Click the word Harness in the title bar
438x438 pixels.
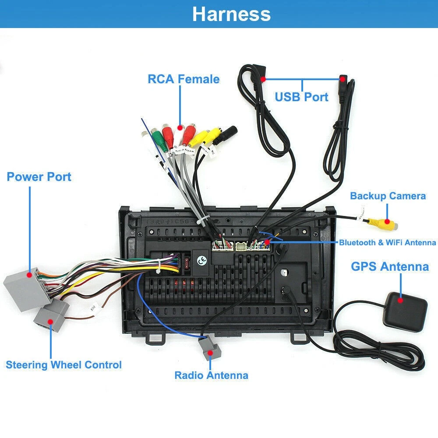(x=231, y=14)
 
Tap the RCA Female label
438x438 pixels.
(x=183, y=79)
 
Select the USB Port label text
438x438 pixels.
(x=301, y=97)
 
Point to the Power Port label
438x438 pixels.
(x=39, y=177)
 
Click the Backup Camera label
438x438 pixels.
(x=388, y=196)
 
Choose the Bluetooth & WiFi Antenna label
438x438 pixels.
(x=387, y=243)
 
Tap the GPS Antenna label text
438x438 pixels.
(x=389, y=266)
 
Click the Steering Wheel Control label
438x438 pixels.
(x=64, y=365)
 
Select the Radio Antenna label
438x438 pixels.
(x=211, y=375)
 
